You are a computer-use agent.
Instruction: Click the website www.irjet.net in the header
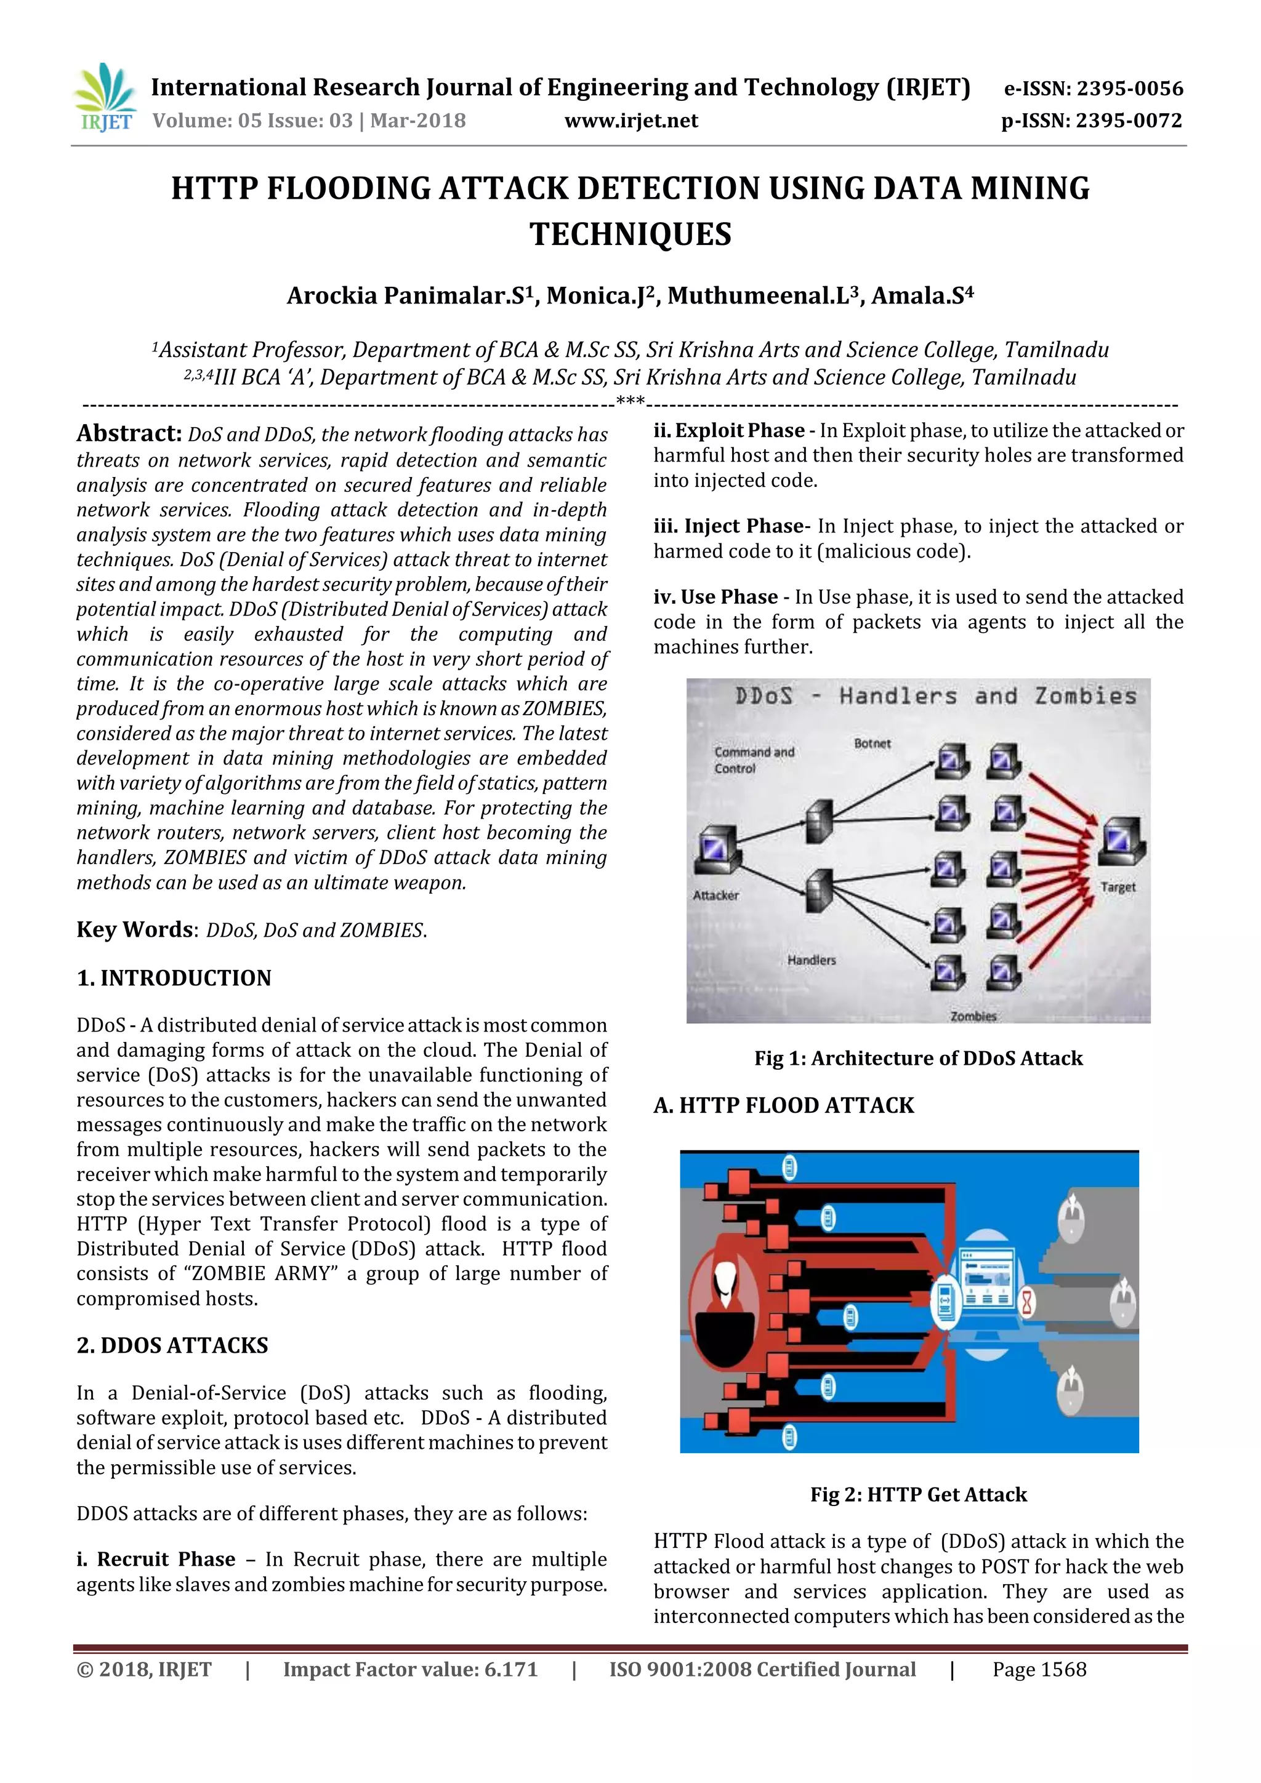[631, 121]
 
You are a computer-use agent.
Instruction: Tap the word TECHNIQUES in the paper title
[630, 234]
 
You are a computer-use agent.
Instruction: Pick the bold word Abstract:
[129, 433]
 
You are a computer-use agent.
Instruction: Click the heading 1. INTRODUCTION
[174, 978]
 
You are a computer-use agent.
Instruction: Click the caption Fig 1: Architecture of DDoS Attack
[917, 1058]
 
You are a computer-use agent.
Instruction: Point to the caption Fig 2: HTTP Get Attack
[917, 1494]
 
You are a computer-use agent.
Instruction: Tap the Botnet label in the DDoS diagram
[872, 743]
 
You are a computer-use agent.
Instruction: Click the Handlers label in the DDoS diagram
[811, 960]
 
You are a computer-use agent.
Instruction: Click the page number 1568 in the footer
[1062, 1669]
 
